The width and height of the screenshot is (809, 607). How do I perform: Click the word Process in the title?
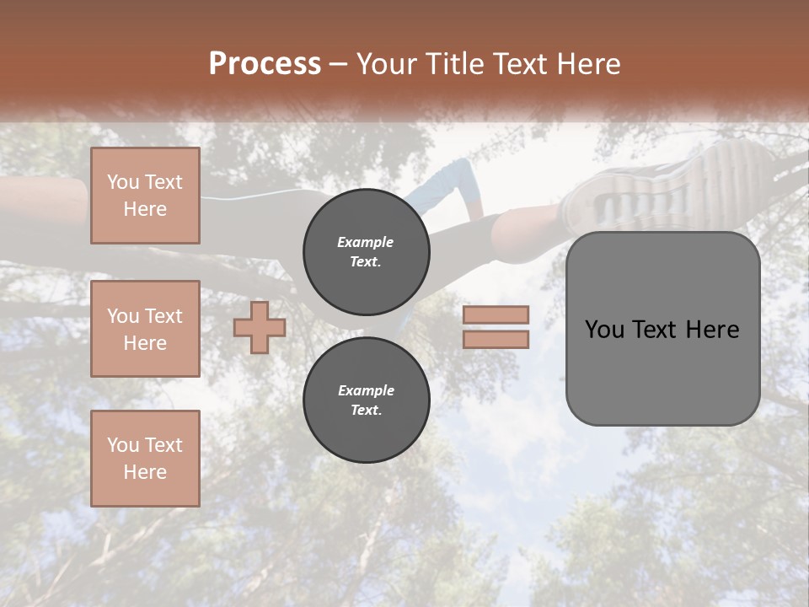coord(265,64)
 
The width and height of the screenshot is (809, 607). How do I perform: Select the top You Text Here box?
coord(145,196)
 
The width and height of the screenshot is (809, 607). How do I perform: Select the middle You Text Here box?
coord(145,329)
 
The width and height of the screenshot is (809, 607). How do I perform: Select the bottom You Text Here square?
coord(145,459)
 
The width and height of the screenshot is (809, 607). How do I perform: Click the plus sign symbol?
coord(260,328)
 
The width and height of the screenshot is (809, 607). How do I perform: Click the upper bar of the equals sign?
coord(496,314)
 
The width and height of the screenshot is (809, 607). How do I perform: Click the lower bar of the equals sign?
coord(496,340)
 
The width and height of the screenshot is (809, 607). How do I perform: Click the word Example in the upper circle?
coord(366,242)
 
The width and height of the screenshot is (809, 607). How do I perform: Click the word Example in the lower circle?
coord(366,390)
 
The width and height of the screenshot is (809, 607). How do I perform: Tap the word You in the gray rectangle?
coord(604,330)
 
